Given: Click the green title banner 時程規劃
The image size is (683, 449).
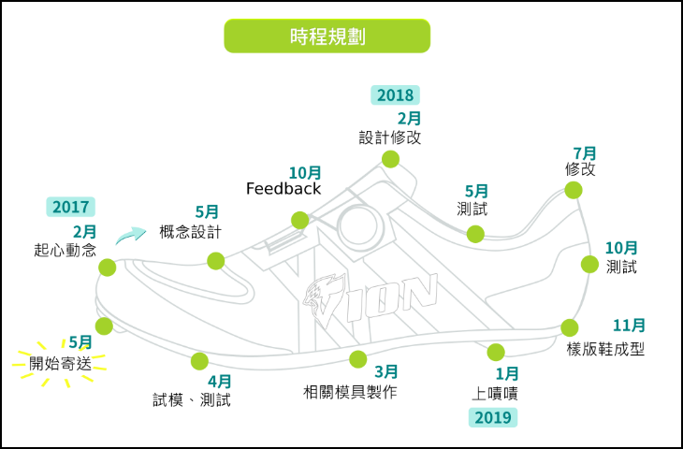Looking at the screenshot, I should [x=327, y=36].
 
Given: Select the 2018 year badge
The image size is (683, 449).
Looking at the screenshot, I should [x=395, y=94].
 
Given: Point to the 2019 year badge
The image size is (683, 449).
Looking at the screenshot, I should [x=493, y=417].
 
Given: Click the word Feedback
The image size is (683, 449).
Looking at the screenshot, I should [x=283, y=189].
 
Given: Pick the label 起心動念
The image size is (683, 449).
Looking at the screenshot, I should [x=65, y=250].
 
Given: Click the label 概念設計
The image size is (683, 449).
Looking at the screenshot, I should [x=190, y=232].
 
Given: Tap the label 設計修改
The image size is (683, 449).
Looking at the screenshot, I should [x=389, y=138].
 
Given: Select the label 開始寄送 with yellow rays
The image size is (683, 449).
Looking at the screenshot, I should [x=61, y=363].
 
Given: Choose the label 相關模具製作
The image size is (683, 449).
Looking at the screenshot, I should [x=350, y=392].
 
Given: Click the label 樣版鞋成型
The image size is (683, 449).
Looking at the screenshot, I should [x=605, y=349].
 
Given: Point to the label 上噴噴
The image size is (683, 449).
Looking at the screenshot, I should [x=495, y=393].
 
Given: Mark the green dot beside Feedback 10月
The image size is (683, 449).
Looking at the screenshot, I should [x=299, y=221].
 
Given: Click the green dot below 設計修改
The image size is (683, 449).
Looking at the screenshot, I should [x=391, y=159].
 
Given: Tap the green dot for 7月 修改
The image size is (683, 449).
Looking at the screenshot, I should [x=573, y=191].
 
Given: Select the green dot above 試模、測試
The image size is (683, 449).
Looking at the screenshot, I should [x=198, y=361].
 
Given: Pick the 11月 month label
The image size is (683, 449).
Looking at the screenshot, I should [x=629, y=326].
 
